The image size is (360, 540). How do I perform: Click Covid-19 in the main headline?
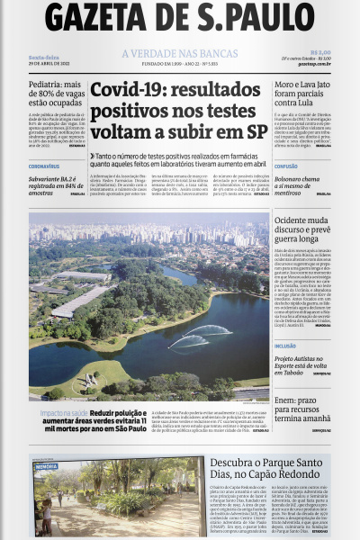click(x=135, y=90)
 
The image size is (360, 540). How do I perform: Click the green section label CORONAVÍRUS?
click(x=44, y=166)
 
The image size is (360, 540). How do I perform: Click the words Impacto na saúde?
click(x=62, y=412)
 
